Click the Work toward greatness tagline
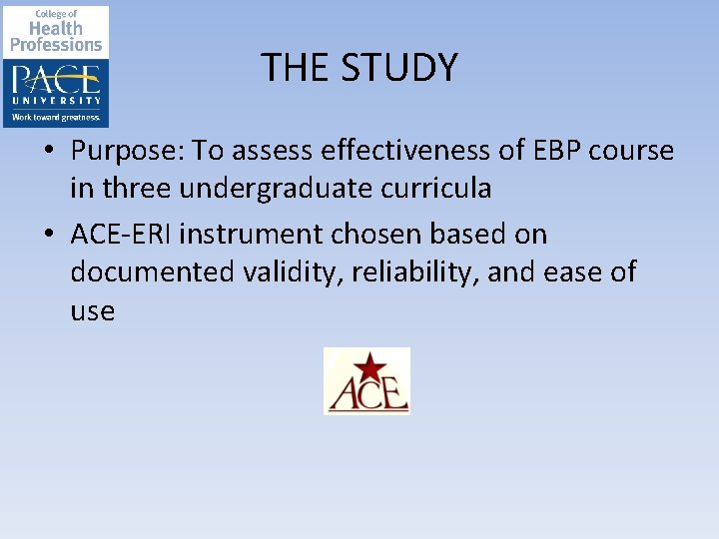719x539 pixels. tap(56, 118)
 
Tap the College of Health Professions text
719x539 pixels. tap(56, 30)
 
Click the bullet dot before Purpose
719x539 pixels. tap(49, 153)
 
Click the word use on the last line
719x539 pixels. tap(92, 311)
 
